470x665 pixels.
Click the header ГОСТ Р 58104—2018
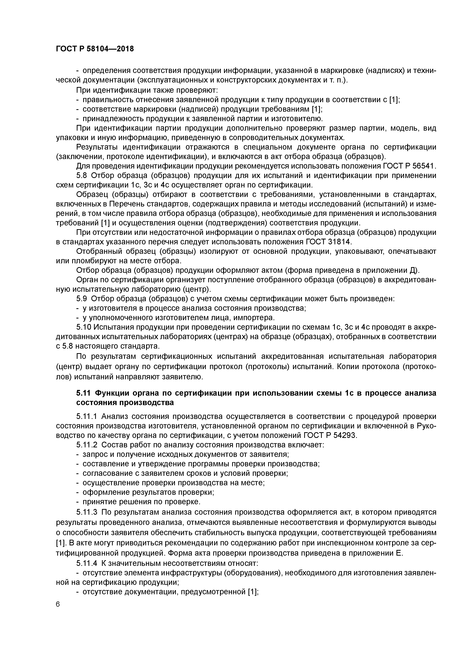pos(95,49)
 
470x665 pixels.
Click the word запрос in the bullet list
pos(94,454)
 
